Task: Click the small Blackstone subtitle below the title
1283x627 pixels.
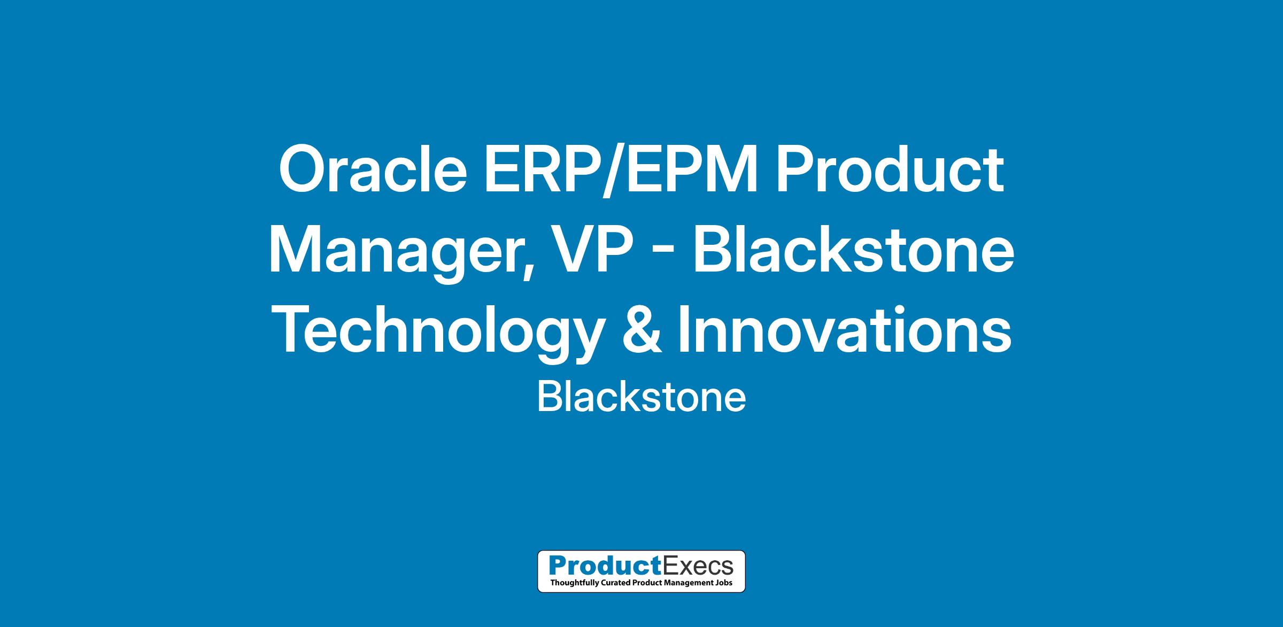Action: [641, 398]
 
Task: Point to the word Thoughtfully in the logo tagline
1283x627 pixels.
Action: [574, 583]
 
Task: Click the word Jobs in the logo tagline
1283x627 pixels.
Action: [723, 582]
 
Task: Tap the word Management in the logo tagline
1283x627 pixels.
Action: [687, 583]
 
